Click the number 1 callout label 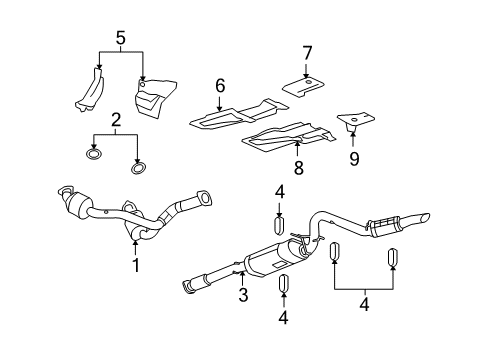click(136, 265)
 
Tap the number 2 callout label click(117, 120)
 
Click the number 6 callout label click(219, 88)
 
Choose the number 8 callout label click(296, 168)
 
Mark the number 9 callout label click(353, 156)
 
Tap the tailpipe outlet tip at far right click(424, 218)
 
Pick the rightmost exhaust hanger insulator click(394, 258)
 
